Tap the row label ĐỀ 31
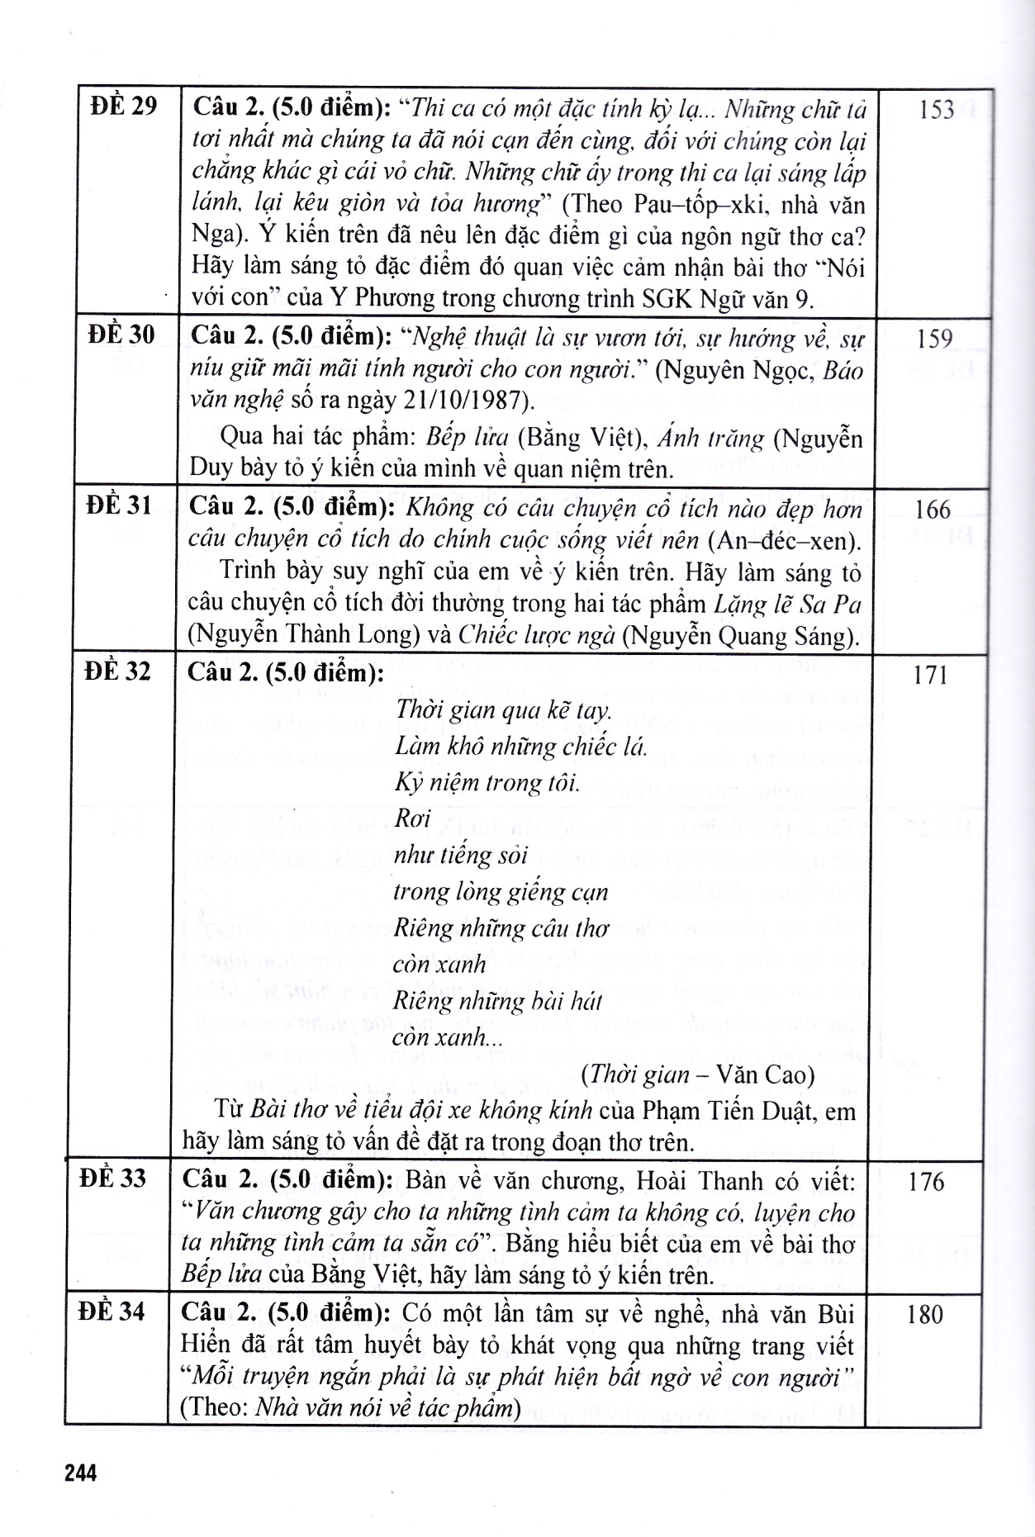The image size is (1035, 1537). pyautogui.click(x=119, y=505)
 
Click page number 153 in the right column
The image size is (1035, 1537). pyautogui.click(x=936, y=110)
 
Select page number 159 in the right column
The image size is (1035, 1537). pyautogui.click(x=934, y=338)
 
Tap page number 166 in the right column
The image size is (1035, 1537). pyautogui.click(x=933, y=509)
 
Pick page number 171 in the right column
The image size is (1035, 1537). pyautogui.click(x=931, y=676)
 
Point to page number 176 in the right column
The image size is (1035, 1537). pyautogui.click(x=926, y=1182)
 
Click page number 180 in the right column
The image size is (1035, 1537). pyautogui.click(x=925, y=1315)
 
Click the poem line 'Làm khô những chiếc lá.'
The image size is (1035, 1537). pyautogui.click(x=520, y=747)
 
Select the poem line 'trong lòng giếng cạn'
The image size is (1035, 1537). pyautogui.click(x=501, y=892)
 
